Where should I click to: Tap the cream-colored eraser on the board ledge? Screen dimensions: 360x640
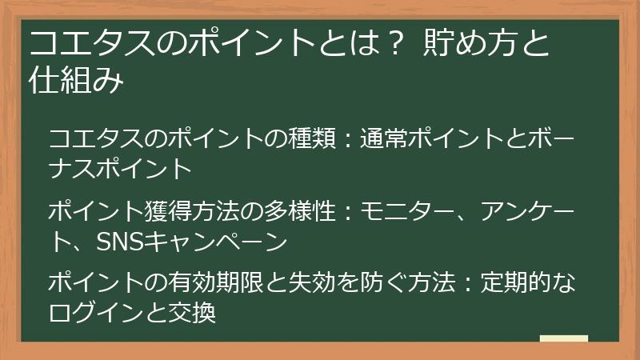tap(563, 338)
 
